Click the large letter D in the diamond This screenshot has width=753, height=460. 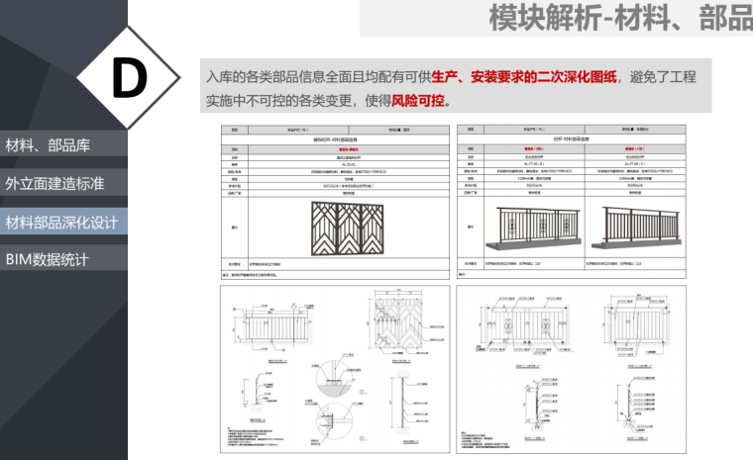click(129, 78)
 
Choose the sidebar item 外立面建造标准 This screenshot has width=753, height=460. click(54, 183)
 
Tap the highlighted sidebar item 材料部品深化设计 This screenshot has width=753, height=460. click(61, 221)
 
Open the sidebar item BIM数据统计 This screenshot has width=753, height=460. click(47, 259)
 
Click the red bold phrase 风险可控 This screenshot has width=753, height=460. click(419, 100)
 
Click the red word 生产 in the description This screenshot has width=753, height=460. click(446, 77)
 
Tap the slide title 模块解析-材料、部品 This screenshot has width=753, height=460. click(620, 19)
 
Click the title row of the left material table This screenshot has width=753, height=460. click(334, 140)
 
